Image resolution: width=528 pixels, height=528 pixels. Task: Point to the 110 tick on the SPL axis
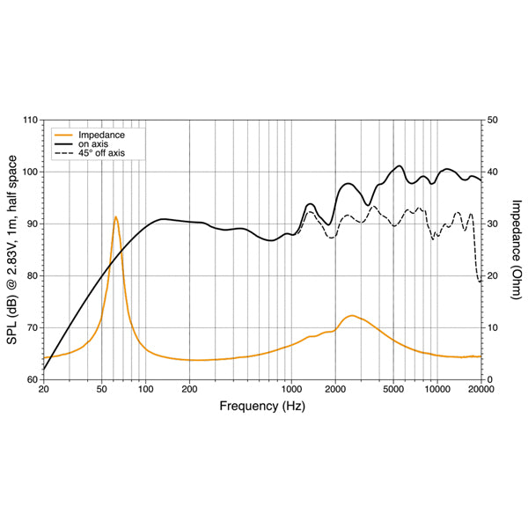(30, 120)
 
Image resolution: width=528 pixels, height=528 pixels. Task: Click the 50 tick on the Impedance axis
(494, 120)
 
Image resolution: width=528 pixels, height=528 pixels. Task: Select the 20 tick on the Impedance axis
(494, 275)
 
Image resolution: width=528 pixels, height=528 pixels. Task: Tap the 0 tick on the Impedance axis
(491, 379)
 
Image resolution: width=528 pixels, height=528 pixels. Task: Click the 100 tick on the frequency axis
(145, 389)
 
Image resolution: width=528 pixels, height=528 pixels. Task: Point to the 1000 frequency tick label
(291, 389)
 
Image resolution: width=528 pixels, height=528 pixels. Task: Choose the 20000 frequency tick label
(480, 389)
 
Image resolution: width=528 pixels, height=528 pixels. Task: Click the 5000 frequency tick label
(392, 389)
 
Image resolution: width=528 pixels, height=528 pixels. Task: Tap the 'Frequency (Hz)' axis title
(262, 406)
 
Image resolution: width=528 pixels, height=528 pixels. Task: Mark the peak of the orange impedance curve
(115, 216)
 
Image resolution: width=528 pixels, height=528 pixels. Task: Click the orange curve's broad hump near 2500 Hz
(351, 315)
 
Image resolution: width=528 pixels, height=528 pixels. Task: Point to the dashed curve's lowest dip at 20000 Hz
(480, 282)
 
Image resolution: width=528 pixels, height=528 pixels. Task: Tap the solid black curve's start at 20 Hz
(44, 370)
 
